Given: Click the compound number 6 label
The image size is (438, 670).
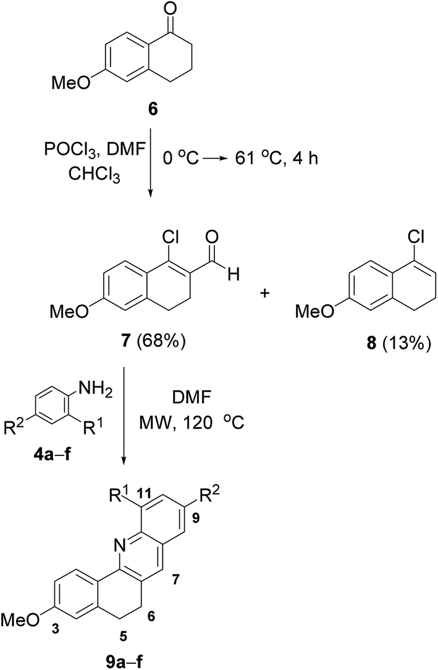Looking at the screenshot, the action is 153,110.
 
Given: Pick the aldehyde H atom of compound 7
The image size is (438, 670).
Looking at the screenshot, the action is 233,275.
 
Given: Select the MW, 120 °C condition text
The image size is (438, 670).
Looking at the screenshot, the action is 191,423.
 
